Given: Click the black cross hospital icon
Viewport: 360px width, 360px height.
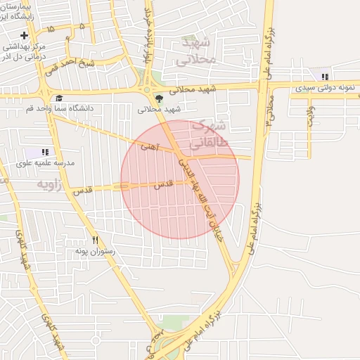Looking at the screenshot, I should pos(25,35).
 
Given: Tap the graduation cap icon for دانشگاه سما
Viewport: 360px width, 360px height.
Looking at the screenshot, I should pos(59,98).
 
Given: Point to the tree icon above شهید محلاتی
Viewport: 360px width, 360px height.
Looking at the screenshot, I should pos(160,98).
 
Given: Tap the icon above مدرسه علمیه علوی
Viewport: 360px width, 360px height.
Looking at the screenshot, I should pos(45,152).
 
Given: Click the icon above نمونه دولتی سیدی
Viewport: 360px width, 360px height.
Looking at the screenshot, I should pos(324,77).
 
